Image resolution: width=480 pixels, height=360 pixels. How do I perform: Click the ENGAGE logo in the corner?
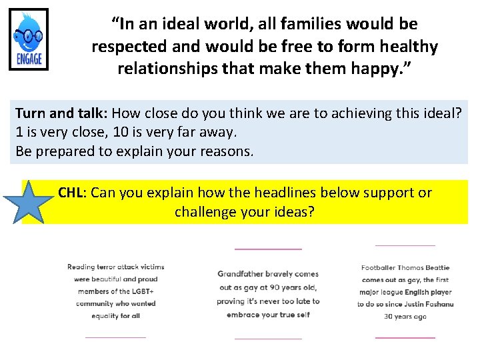pyautogui.click(x=29, y=39)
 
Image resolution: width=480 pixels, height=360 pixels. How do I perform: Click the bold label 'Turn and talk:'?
pyautogui.click(x=59, y=113)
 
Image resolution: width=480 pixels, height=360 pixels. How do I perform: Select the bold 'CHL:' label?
pyautogui.click(x=72, y=193)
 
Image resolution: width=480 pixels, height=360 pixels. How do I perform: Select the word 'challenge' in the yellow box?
pyautogui.click(x=205, y=213)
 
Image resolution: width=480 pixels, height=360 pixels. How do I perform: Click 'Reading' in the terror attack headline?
pyautogui.click(x=81, y=267)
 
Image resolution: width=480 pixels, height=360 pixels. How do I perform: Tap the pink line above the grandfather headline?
pyautogui.click(x=268, y=249)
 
